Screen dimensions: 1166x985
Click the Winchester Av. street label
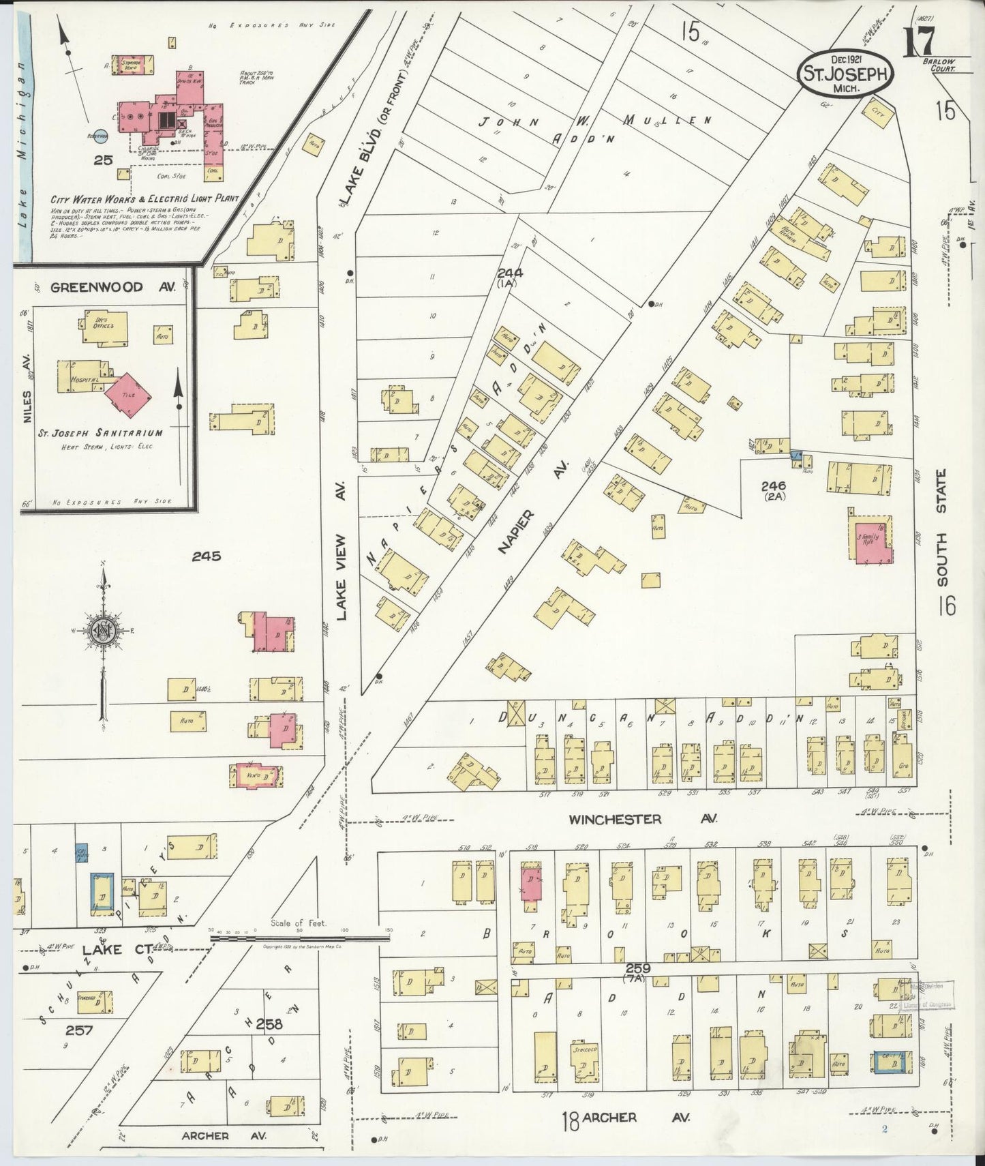pos(615,819)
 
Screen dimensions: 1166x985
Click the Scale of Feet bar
pos(300,938)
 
